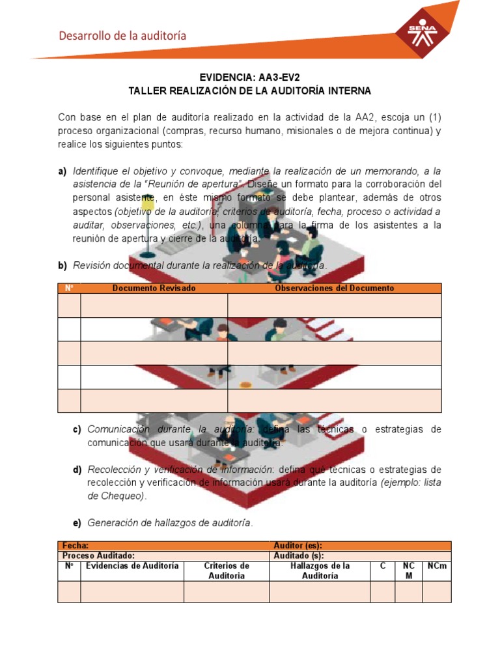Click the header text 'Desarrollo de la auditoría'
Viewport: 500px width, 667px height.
pyautogui.click(x=122, y=36)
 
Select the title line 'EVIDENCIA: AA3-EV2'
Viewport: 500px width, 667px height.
pyautogui.click(x=251, y=77)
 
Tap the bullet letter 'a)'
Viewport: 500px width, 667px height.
pyautogui.click(x=62, y=171)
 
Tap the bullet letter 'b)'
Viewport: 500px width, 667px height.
pyautogui.click(x=62, y=266)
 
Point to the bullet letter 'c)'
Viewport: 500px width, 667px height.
pyautogui.click(x=77, y=429)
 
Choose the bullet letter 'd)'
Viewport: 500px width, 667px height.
pyautogui.click(x=77, y=470)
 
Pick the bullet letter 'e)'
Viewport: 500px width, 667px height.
pyautogui.click(x=77, y=523)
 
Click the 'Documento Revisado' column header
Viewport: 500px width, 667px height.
pyautogui.click(x=154, y=288)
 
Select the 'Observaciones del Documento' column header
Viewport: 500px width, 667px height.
pyautogui.click(x=334, y=288)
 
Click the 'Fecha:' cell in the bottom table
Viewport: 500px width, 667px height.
pyautogui.click(x=76, y=546)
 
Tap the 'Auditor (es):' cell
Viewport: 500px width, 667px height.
pyautogui.click(x=298, y=546)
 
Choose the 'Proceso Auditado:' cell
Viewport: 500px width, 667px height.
pyautogui.click(x=98, y=556)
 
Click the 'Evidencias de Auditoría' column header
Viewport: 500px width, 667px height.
pyautogui.click(x=132, y=566)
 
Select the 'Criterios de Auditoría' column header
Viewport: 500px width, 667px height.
pyautogui.click(x=227, y=571)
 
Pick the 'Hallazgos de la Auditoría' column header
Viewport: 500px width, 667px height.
pyautogui.click(x=320, y=571)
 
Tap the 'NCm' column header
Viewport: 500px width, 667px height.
pyautogui.click(x=437, y=566)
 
